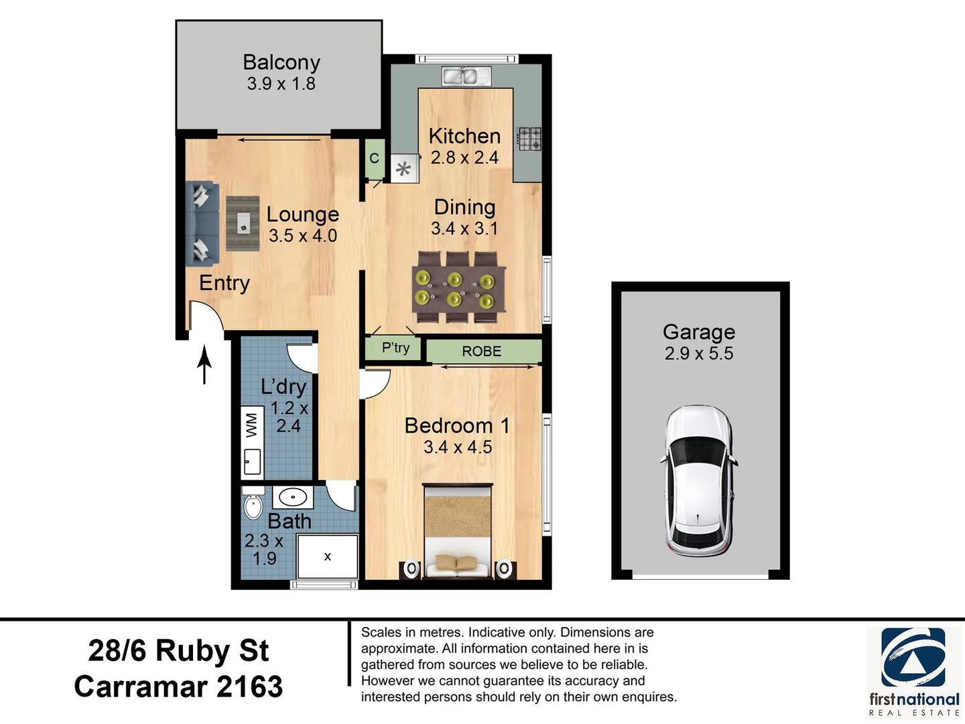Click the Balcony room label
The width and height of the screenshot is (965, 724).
[281, 62]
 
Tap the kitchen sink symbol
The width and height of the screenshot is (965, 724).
[466, 76]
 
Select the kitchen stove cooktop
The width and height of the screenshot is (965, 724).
[529, 139]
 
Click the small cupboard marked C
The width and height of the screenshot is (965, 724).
[374, 158]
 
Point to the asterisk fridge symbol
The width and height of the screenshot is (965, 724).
[403, 169]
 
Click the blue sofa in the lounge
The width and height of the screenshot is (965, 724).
[202, 224]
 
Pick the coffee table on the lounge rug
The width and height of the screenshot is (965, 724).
[243, 223]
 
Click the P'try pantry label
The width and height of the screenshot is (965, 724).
[395, 348]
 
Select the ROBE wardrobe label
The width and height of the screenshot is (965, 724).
[482, 351]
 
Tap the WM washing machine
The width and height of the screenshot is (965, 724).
[252, 424]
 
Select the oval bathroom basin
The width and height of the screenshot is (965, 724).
[293, 497]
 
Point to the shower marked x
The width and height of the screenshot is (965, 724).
[328, 556]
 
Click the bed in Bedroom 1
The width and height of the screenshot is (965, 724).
[458, 531]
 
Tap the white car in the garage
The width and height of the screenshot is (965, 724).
[698, 480]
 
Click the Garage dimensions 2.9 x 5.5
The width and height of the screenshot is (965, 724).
[699, 353]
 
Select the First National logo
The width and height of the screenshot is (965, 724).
[913, 670]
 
